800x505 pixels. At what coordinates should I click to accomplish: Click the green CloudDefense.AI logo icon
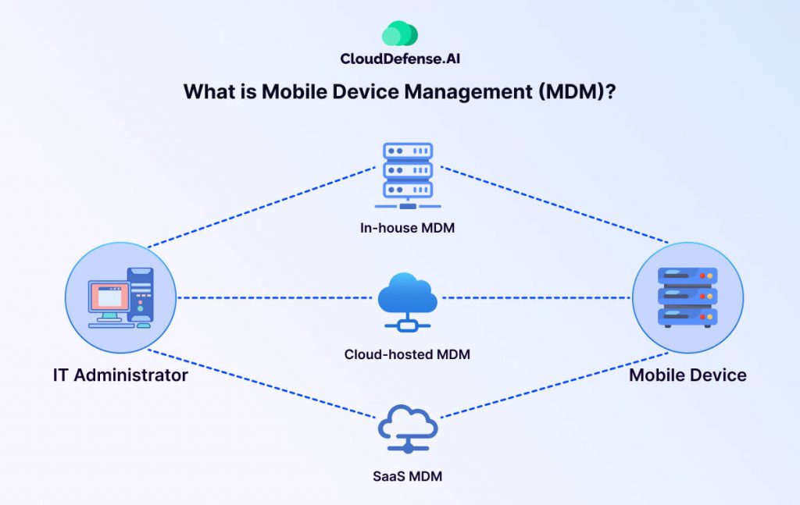tap(399, 34)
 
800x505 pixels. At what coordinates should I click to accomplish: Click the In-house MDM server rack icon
tap(407, 176)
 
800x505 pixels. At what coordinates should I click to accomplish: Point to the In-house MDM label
tap(407, 229)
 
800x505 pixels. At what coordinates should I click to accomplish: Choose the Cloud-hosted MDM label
tap(407, 354)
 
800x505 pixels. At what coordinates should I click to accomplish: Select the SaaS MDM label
tap(407, 475)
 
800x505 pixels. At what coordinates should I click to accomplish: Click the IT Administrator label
tap(120, 375)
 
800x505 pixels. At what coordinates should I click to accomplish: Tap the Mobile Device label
tap(687, 375)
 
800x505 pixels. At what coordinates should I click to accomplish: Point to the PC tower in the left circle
tap(141, 297)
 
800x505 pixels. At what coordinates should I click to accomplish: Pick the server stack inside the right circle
tap(687, 297)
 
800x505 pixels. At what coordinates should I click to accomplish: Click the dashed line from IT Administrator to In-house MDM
tap(258, 207)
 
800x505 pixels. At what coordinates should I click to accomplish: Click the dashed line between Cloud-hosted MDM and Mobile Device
tap(539, 297)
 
